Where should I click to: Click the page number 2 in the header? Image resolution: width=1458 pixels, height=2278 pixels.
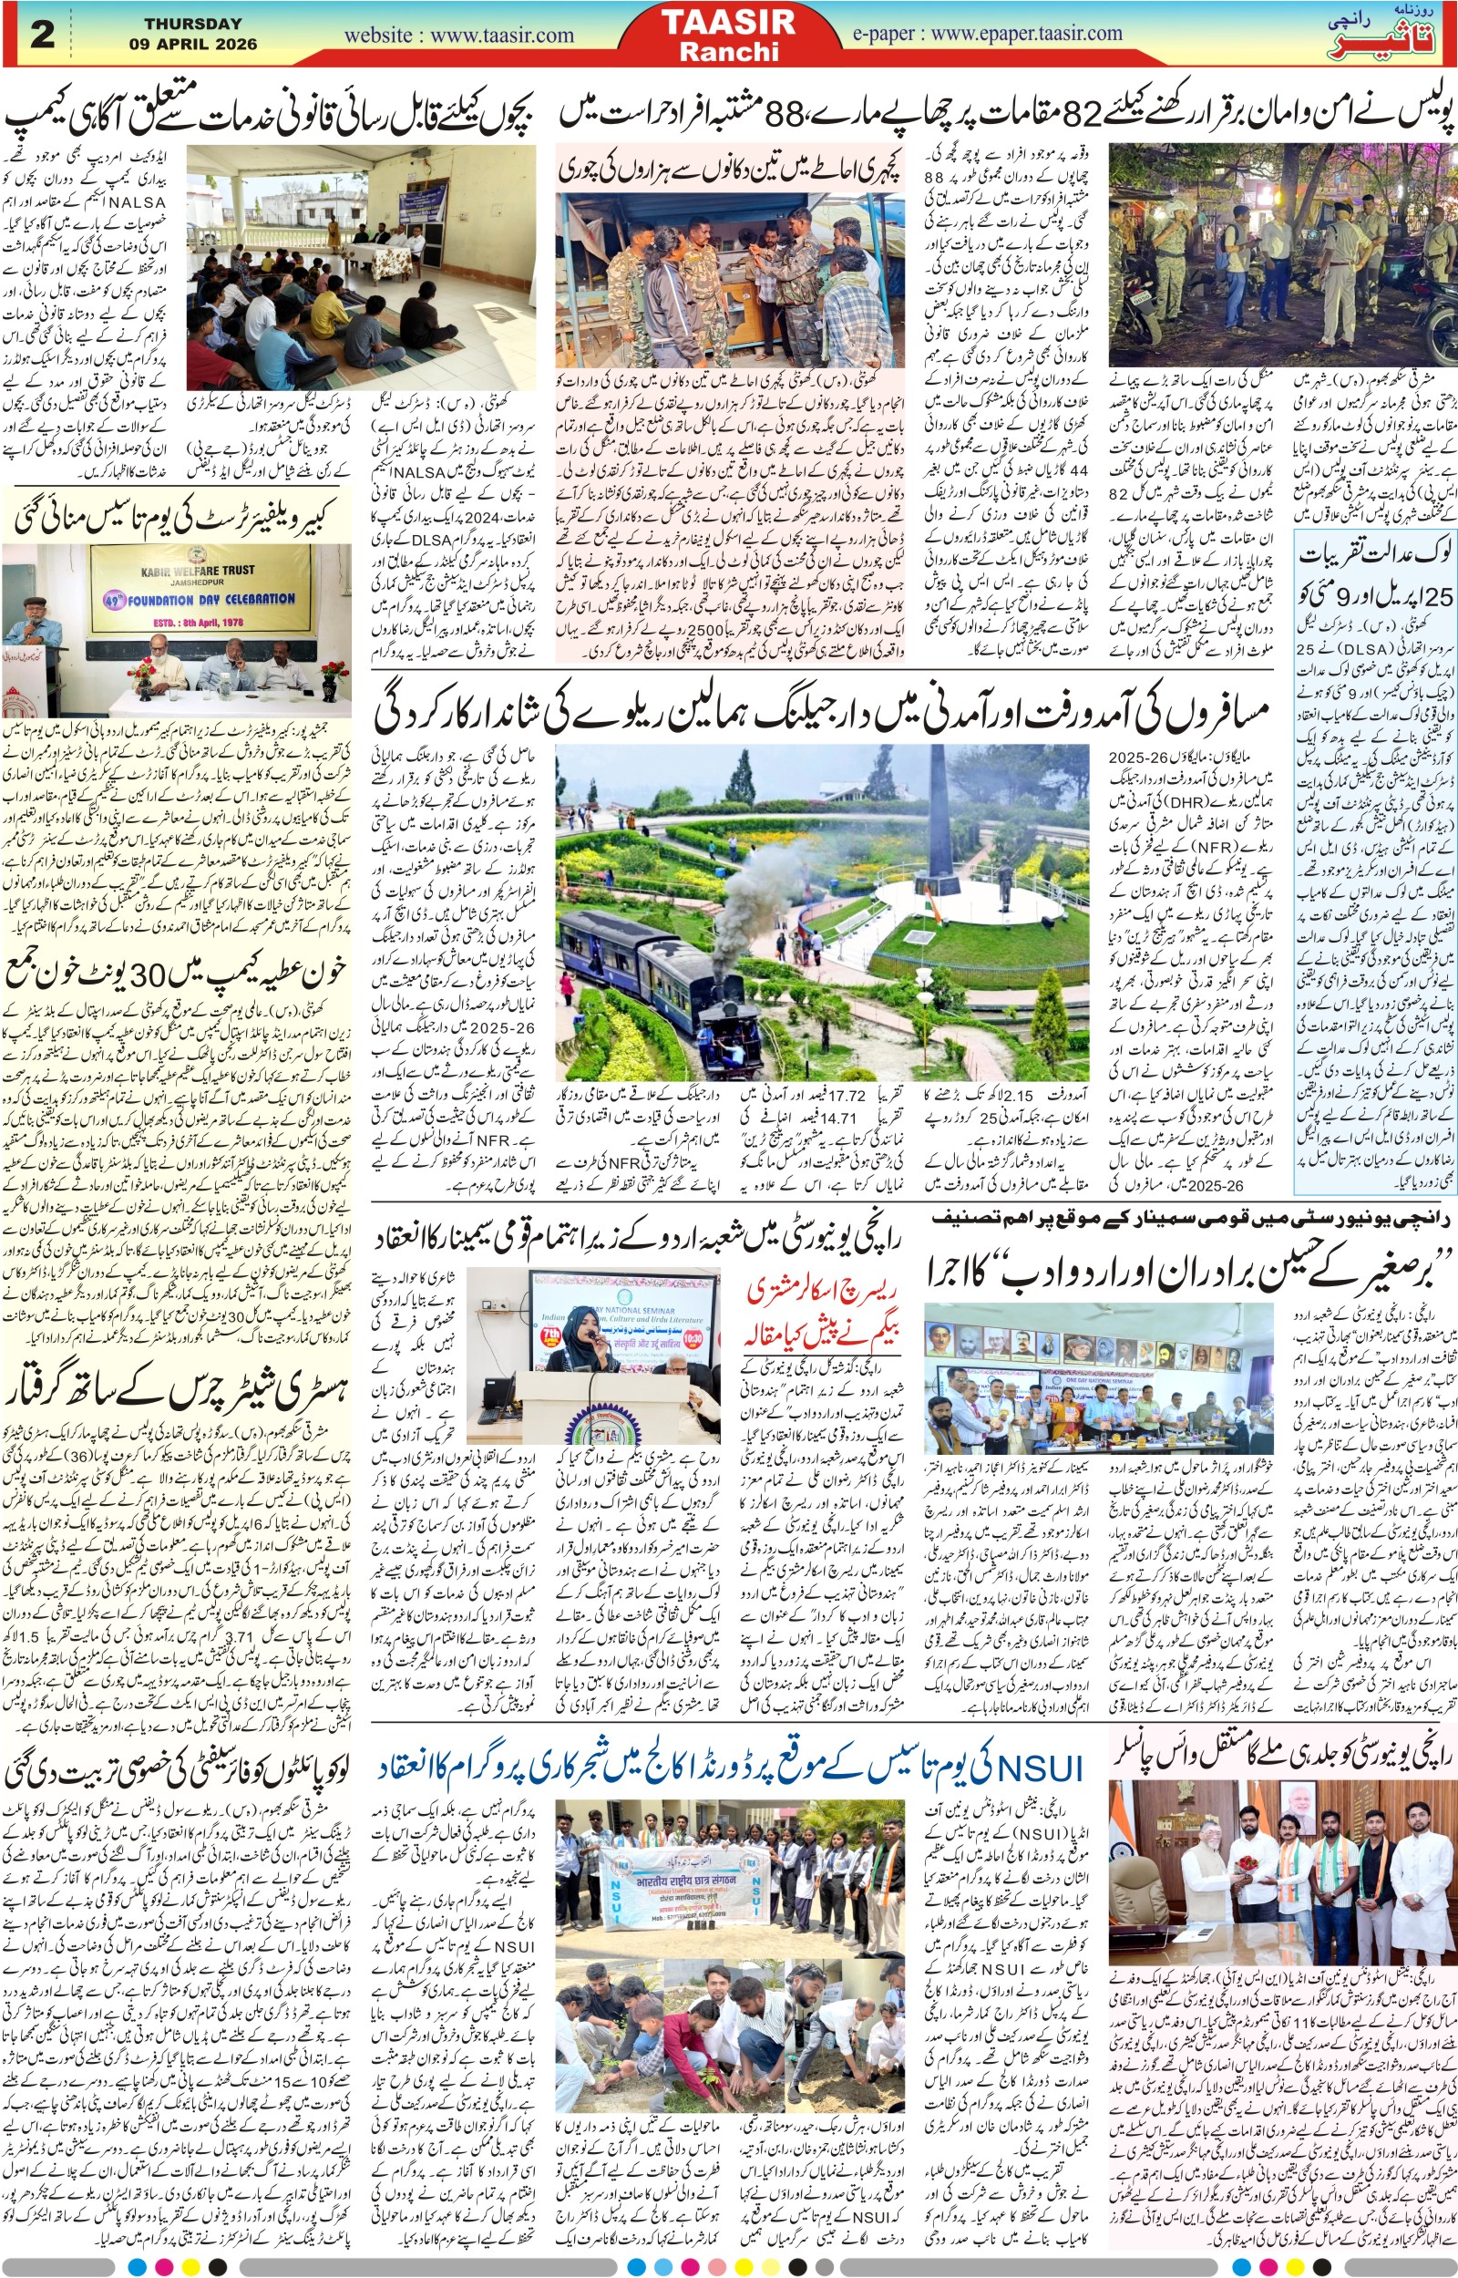43,35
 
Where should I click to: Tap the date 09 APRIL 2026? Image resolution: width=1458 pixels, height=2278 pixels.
193,44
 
